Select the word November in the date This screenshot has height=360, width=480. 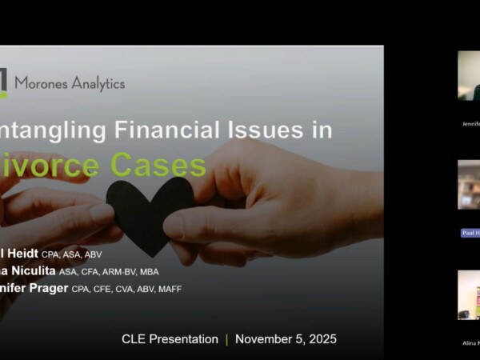point(264,339)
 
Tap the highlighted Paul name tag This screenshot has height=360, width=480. point(470,233)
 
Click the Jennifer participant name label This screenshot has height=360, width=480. point(470,125)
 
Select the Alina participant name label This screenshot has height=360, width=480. point(470,343)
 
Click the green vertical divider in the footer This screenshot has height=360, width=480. point(226,339)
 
